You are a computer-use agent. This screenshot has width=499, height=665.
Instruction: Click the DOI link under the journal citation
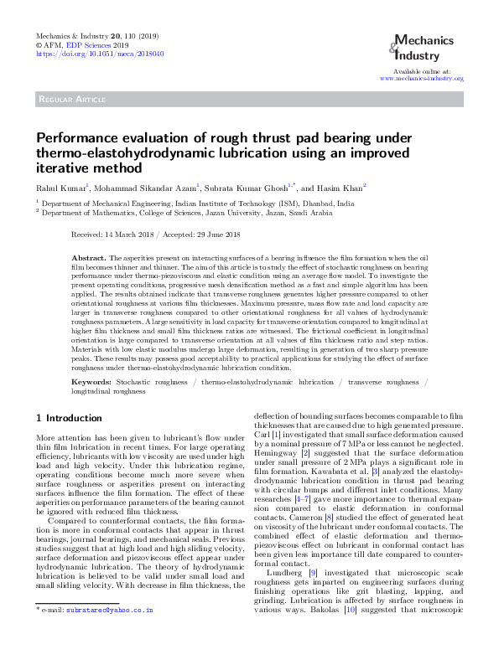pyautogui.click(x=100, y=53)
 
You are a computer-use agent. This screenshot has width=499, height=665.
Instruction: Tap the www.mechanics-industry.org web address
pyautogui.click(x=421, y=78)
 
